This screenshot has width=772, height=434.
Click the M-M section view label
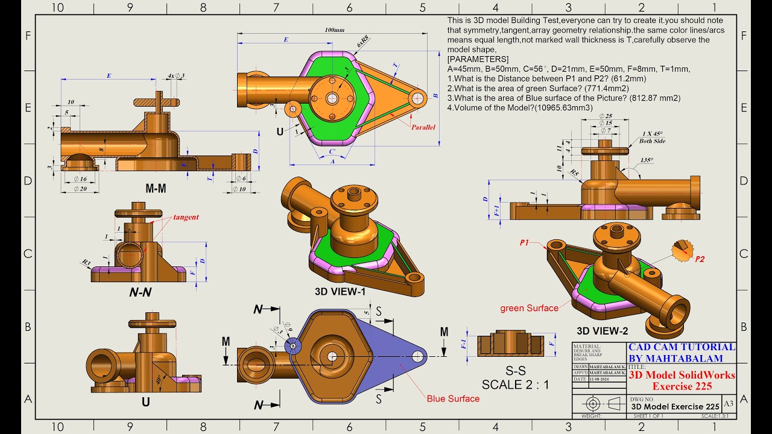(156, 189)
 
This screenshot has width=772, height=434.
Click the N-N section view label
(140, 292)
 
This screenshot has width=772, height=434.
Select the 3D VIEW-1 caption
(340, 291)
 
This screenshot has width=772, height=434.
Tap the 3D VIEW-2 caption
(602, 330)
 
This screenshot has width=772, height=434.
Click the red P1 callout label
(524, 242)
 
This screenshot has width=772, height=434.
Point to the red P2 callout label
(699, 259)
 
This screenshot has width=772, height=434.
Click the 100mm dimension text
(335, 30)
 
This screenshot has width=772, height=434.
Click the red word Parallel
(423, 127)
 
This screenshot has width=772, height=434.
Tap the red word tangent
(186, 217)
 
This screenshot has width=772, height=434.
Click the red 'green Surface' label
(529, 308)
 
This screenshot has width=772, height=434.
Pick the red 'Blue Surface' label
(453, 398)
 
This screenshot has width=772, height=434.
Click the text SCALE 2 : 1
(515, 384)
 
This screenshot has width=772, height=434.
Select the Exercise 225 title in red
(682, 386)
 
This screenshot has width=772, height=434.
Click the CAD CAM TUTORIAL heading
(682, 347)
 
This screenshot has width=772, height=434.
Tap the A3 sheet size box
(728, 403)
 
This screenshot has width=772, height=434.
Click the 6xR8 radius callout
(362, 42)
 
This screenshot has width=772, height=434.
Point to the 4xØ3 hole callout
(176, 76)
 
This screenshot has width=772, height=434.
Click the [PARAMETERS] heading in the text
(478, 59)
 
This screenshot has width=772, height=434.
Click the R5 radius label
(575, 173)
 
